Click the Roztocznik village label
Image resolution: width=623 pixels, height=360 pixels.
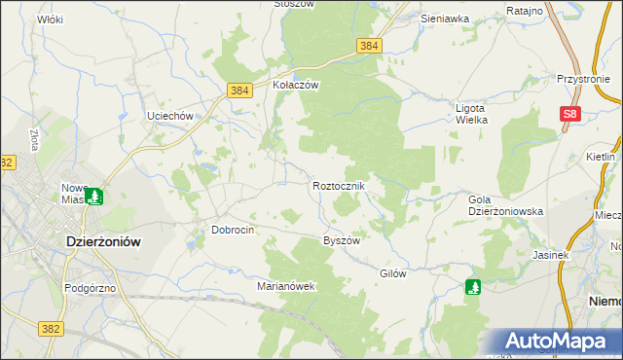point(339,185)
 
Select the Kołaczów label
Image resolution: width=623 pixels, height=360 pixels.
point(296,85)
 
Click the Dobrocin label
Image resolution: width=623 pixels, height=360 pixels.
point(233,230)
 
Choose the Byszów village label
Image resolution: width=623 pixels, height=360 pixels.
point(342,240)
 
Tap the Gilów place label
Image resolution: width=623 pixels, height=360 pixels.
point(392,273)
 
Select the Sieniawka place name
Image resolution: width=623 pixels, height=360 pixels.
point(445,18)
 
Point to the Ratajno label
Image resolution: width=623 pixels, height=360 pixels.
point(525,11)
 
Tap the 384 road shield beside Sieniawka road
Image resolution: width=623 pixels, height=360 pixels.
point(368,46)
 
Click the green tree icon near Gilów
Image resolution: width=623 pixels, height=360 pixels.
point(473,287)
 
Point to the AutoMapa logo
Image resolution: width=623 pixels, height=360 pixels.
point(559,342)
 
